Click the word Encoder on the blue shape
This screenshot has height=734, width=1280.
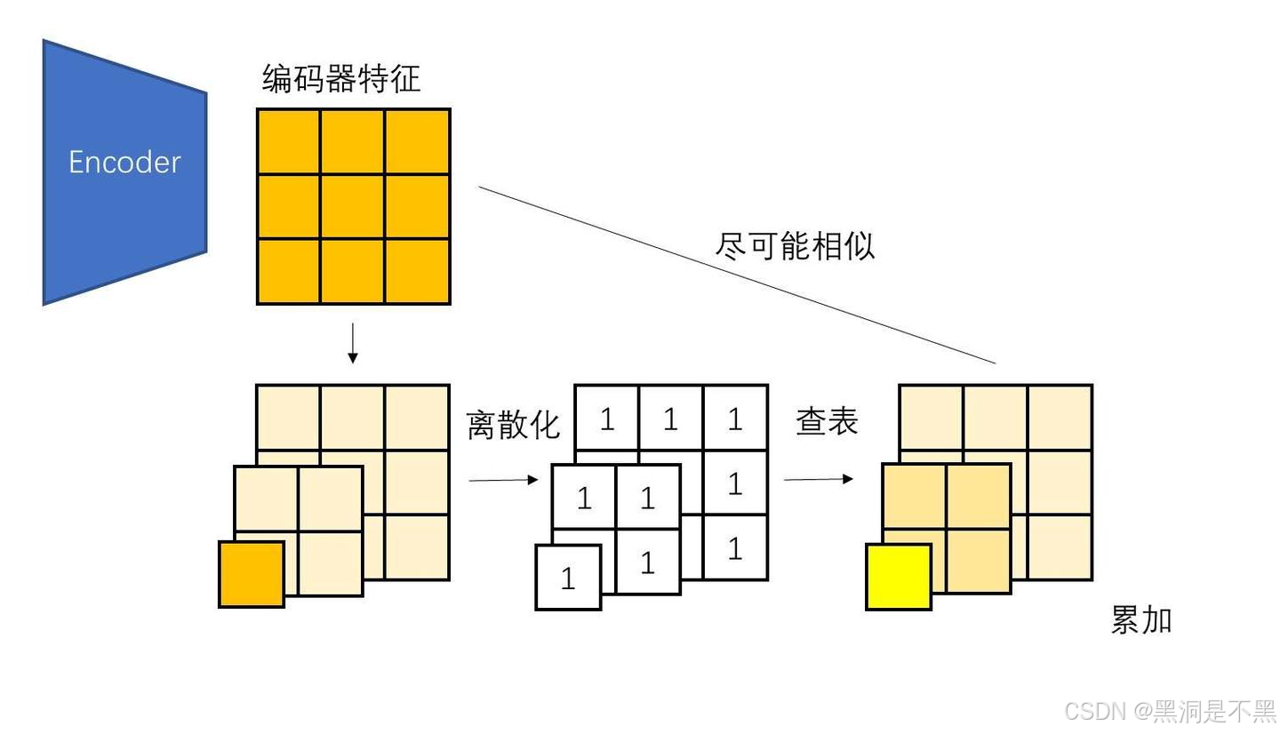tap(124, 162)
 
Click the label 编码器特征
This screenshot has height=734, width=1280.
tap(340, 79)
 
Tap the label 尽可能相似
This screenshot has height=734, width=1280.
tap(795, 245)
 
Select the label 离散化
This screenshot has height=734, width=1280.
tap(513, 425)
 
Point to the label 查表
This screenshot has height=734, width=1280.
tap(827, 421)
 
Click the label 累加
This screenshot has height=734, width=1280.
tap(1141, 619)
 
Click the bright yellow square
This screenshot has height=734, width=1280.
tap(899, 578)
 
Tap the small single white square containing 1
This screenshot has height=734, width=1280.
tap(568, 578)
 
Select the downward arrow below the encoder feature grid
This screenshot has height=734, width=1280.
tap(353, 344)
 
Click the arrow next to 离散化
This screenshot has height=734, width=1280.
tap(503, 480)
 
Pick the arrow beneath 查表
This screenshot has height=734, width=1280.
tap(818, 479)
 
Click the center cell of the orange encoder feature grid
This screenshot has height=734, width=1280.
tap(353, 206)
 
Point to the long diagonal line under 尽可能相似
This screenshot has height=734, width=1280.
tap(738, 275)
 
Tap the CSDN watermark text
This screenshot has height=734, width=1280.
tap(1169, 711)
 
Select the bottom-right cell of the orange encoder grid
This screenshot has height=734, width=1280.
tap(417, 271)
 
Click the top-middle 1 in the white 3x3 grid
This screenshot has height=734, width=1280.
tap(670, 419)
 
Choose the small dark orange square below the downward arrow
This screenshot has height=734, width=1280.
tap(252, 574)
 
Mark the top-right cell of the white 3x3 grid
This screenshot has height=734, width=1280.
tap(735, 419)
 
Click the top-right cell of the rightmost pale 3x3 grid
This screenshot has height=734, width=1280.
tap(1060, 418)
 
